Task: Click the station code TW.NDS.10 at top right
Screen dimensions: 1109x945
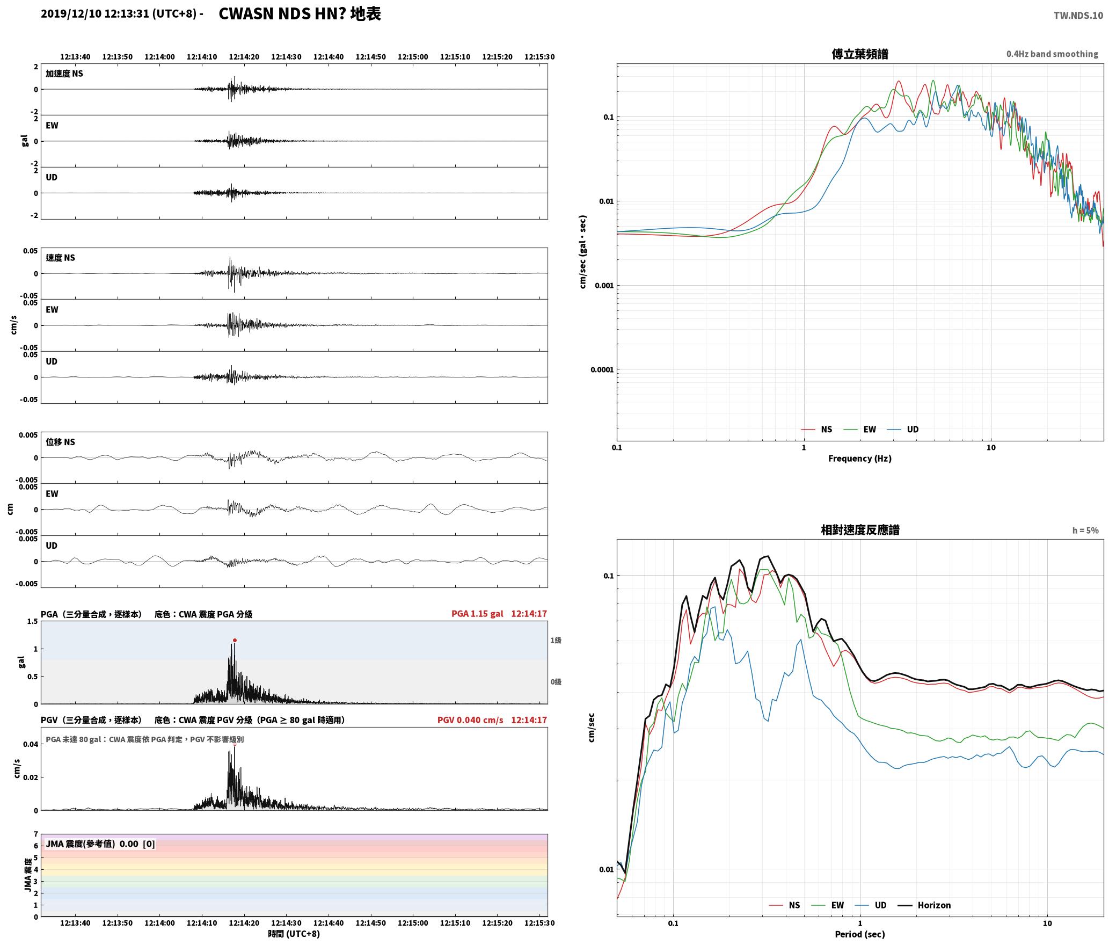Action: [1078, 15]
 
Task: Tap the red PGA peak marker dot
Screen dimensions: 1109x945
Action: [235, 640]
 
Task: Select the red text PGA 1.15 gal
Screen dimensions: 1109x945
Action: [477, 613]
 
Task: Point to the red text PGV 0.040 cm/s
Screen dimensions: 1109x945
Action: [470, 719]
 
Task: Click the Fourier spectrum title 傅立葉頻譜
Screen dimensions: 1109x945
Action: [859, 54]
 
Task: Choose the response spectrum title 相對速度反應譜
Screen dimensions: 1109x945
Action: [860, 529]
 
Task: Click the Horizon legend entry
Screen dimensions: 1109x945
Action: [933, 905]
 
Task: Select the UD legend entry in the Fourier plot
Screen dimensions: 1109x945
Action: [912, 429]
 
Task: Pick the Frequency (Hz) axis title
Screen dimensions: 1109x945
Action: [859, 458]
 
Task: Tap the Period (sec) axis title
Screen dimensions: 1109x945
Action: [859, 934]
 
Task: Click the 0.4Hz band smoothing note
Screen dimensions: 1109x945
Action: [1052, 54]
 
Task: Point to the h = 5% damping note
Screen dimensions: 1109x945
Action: [1085, 530]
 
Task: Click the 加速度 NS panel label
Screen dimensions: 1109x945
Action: [64, 74]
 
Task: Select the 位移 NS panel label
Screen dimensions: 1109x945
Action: [60, 442]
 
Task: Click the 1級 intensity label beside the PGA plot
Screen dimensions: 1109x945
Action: [556, 640]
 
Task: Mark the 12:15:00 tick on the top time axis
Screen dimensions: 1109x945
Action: [413, 56]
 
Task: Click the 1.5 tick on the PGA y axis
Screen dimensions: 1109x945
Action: [32, 621]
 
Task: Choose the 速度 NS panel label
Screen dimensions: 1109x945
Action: [60, 258]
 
